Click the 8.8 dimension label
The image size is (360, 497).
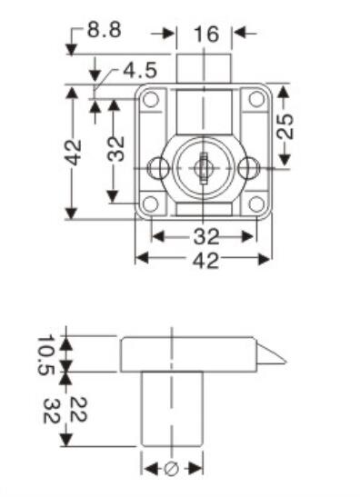[x=105, y=31]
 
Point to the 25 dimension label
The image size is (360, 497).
[x=288, y=125]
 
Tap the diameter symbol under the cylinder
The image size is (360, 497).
[x=172, y=468]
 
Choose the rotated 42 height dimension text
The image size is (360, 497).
[x=73, y=152]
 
